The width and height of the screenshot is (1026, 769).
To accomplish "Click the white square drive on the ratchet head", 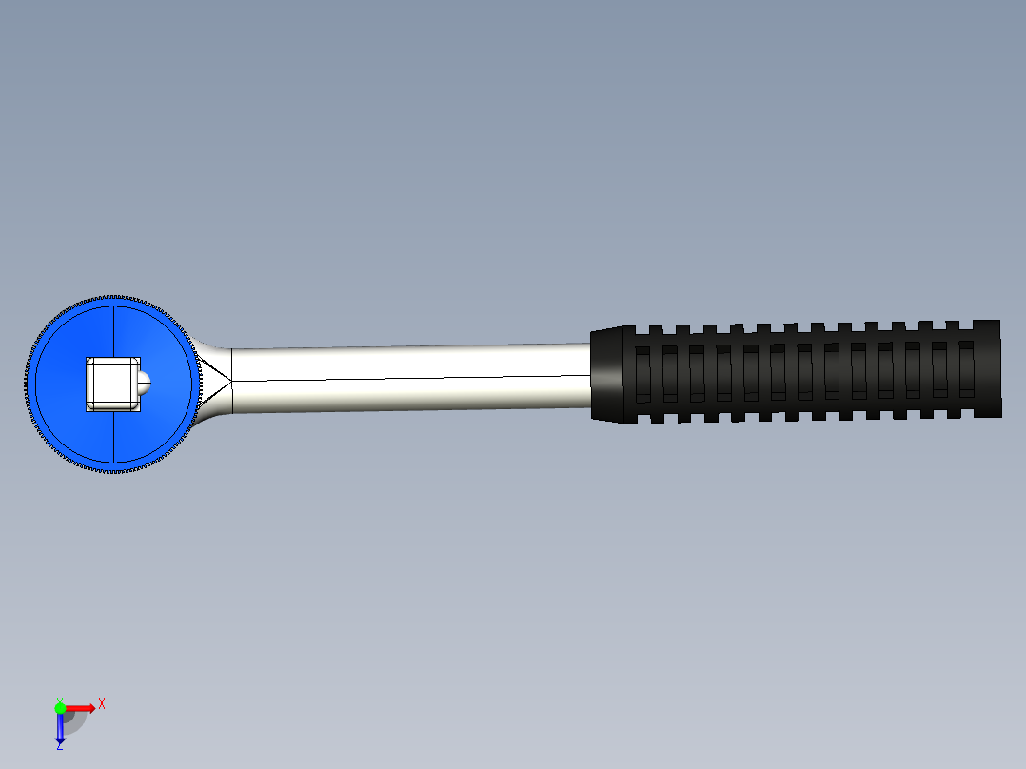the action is click(x=113, y=384).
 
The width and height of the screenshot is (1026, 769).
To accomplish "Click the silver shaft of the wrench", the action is click(x=411, y=378).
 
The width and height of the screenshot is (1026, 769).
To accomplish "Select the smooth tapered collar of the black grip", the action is click(x=606, y=375).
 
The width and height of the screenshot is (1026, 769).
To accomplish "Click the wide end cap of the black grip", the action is click(x=987, y=368).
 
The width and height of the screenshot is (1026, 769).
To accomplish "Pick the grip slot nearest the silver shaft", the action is click(x=643, y=374).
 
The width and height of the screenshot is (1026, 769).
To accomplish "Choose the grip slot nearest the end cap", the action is click(x=966, y=369).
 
